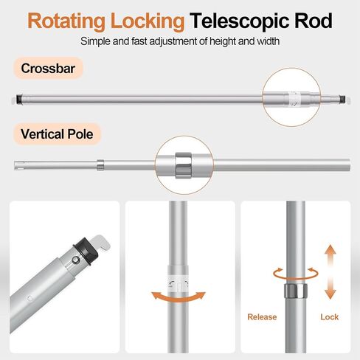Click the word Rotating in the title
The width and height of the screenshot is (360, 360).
click(x=66, y=21)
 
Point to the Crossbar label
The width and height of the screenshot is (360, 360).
click(x=48, y=68)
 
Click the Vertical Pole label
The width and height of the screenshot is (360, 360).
click(x=57, y=134)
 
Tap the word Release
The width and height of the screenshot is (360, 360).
click(x=262, y=316)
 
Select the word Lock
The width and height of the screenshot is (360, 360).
click(x=330, y=316)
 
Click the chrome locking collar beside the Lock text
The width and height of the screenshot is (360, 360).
click(x=296, y=291)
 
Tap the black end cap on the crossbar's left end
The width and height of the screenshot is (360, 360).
click(x=19, y=100)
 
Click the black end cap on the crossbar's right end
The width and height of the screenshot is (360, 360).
click(x=342, y=99)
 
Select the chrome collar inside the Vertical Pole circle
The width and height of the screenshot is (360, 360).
click(x=184, y=165)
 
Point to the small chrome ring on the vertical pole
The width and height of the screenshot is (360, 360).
click(x=100, y=165)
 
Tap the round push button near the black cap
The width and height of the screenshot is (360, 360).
click(x=76, y=260)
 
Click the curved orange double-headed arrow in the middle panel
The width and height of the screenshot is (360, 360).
click(x=179, y=297)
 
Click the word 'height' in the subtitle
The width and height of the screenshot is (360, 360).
click(x=223, y=41)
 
